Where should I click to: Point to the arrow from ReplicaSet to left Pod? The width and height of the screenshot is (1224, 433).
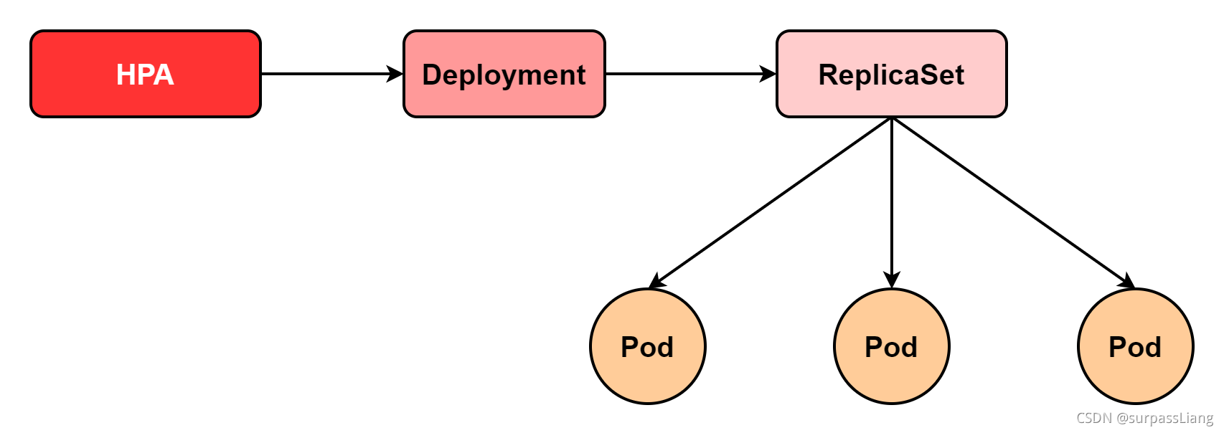tap(771, 202)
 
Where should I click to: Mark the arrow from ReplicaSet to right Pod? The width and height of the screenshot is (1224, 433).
tap(1012, 202)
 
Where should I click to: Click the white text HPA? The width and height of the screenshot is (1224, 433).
tap(145, 75)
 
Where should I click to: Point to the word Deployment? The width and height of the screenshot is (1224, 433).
tap(504, 75)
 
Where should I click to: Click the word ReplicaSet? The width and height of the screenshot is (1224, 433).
tap(891, 75)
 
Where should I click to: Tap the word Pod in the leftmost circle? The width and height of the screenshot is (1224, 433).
tap(647, 347)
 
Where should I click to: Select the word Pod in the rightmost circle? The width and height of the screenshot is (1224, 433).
tap(1135, 347)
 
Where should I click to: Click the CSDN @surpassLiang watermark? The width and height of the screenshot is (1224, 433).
tap(1144, 418)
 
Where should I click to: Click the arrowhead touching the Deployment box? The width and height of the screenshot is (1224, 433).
tap(395, 74)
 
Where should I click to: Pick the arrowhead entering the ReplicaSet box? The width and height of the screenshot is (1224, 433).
tap(768, 74)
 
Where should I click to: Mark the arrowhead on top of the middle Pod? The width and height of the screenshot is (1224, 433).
tap(892, 280)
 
